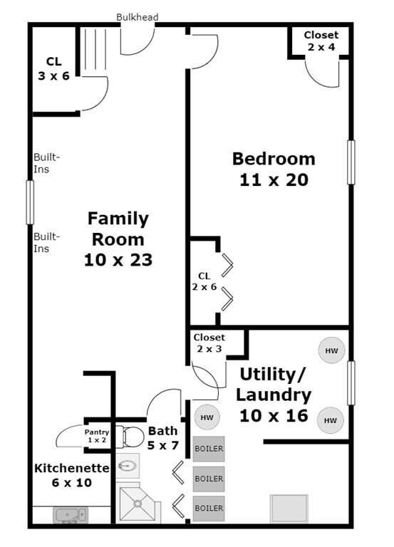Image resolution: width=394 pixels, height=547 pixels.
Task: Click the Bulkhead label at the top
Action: tap(137, 17)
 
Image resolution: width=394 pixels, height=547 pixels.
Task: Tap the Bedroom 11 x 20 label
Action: tap(274, 170)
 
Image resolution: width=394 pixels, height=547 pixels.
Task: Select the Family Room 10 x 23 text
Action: tap(118, 239)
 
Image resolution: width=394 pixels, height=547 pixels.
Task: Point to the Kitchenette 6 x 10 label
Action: tap(71, 475)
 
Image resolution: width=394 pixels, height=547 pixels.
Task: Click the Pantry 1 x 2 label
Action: tap(97, 436)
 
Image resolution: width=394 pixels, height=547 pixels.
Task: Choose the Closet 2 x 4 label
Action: tap(321, 41)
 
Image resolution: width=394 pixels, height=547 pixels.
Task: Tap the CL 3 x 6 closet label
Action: tap(53, 68)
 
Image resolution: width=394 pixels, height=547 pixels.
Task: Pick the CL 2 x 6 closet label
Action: tap(204, 281)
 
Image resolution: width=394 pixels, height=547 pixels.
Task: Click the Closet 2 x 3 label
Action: tap(209, 343)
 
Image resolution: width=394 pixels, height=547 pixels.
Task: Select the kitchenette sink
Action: tap(70, 515)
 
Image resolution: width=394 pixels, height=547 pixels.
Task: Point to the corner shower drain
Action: tap(138, 504)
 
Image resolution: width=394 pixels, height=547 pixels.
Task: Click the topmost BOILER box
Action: tap(209, 449)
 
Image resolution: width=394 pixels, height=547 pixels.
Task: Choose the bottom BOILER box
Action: tap(209, 509)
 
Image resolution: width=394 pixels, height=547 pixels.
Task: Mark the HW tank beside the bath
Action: tap(207, 417)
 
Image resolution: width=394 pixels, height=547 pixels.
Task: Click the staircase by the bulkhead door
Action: tap(95, 50)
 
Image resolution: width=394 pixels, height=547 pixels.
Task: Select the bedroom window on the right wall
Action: tap(351, 162)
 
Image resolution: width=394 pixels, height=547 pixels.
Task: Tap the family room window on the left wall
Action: tap(31, 202)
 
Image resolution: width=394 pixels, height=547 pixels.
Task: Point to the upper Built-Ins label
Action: tap(47, 163)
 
